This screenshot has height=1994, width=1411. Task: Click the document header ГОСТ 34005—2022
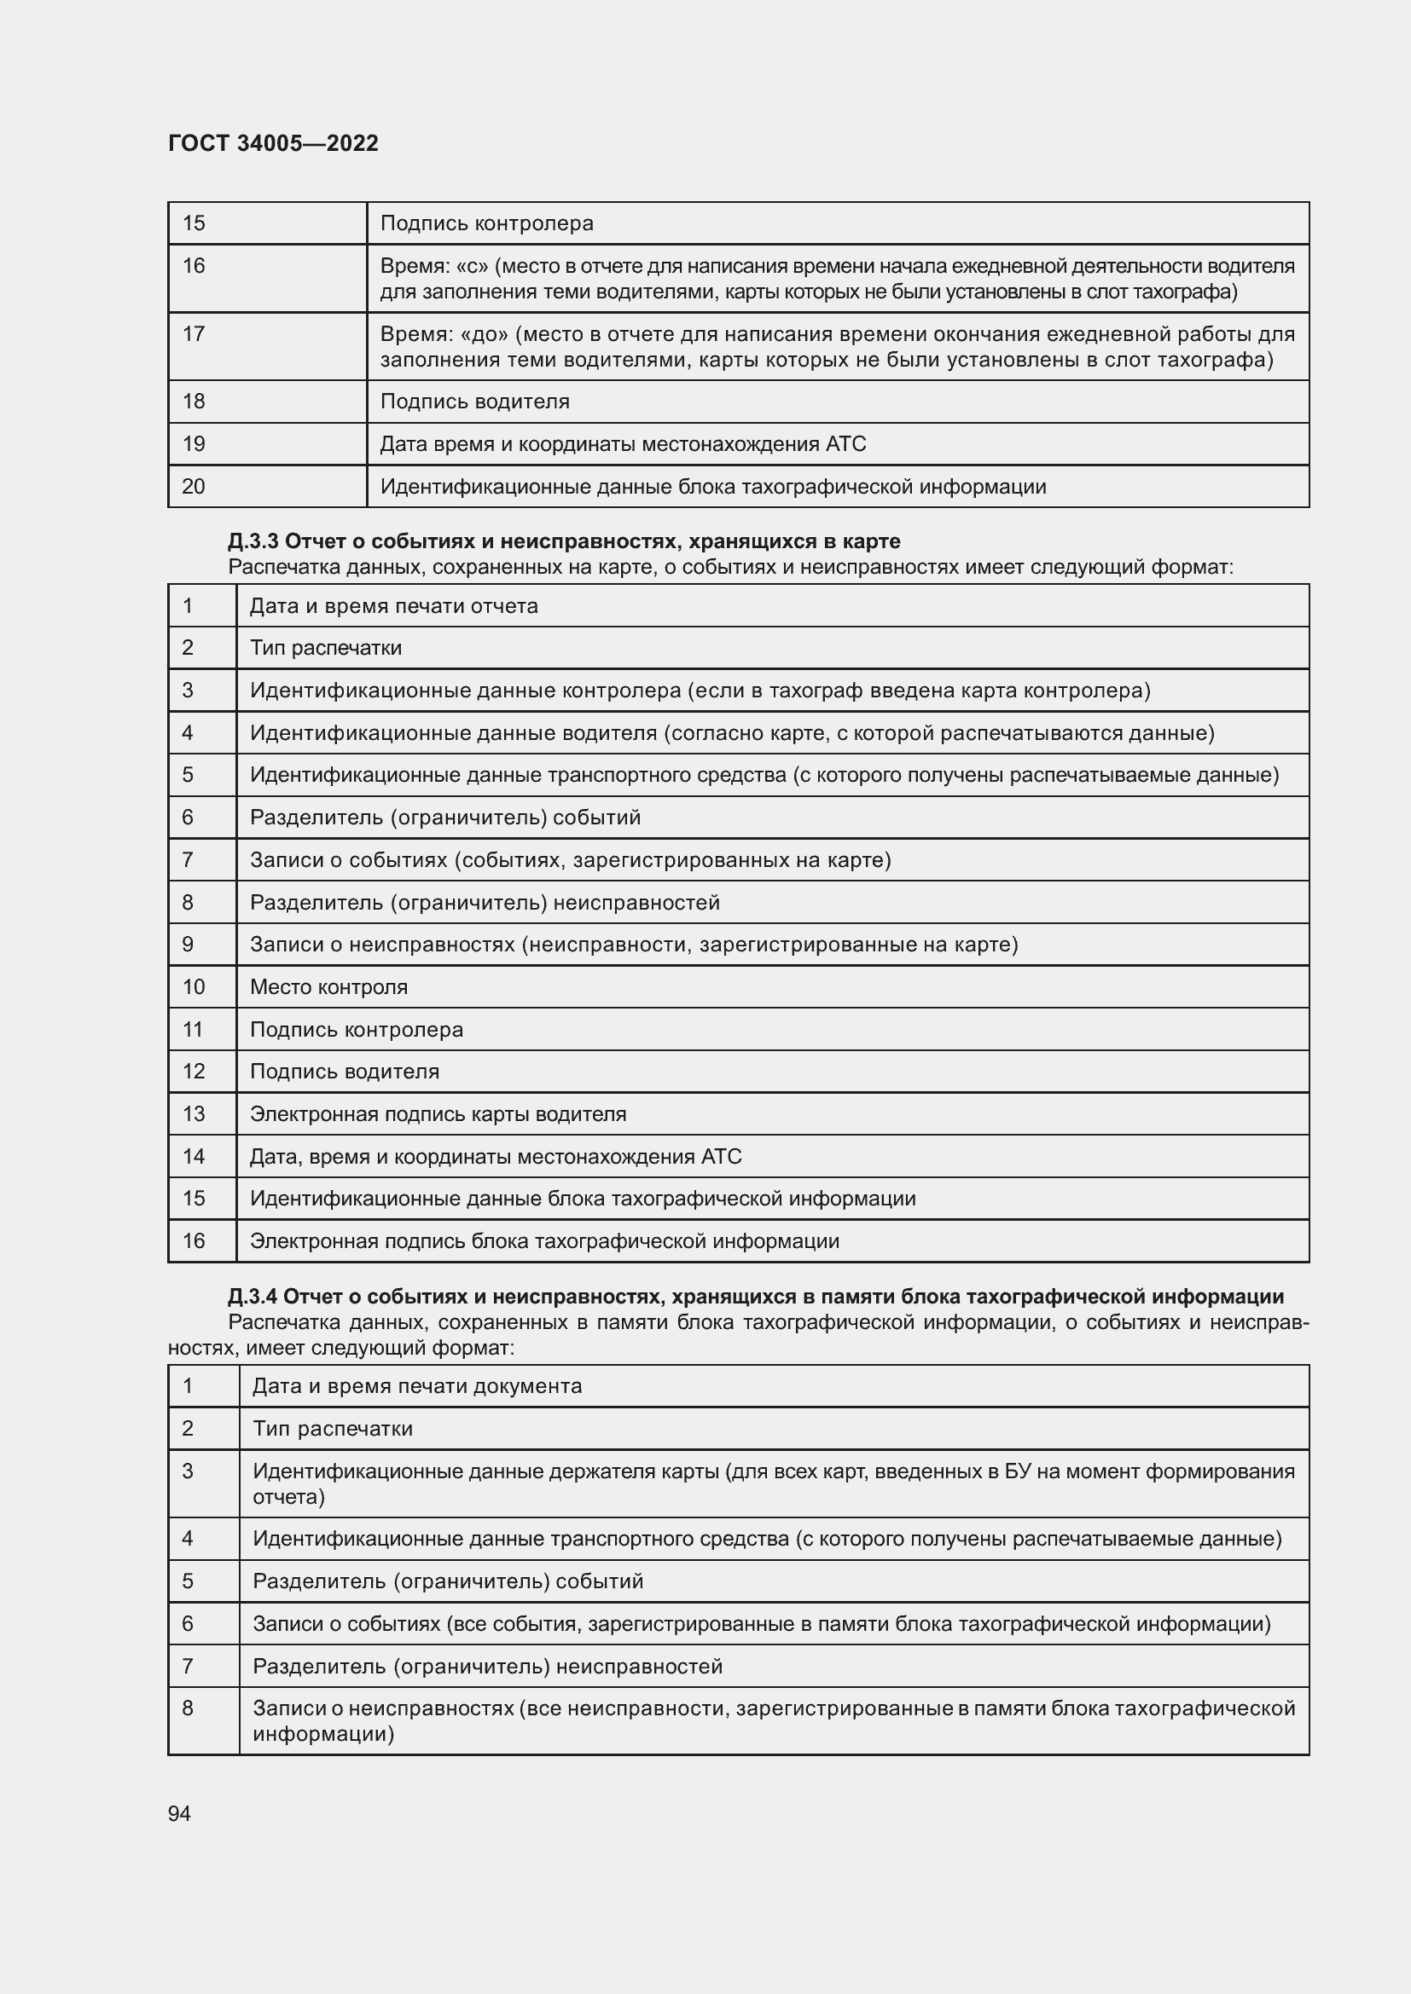[273, 143]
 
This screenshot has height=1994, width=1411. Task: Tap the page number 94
[179, 1813]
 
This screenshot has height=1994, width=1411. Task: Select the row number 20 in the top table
[193, 486]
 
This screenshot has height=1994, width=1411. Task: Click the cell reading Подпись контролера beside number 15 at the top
[486, 223]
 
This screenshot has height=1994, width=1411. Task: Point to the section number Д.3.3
[253, 541]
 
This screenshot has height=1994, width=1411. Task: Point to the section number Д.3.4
[253, 1297]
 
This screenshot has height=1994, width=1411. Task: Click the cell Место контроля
[328, 986]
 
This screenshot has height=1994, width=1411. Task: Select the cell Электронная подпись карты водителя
[438, 1113]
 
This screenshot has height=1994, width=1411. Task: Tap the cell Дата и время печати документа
[417, 1386]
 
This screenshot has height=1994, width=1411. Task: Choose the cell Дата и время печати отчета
[393, 605]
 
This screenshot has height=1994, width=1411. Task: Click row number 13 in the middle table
[193, 1113]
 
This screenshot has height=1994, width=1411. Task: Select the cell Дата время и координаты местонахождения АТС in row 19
[623, 444]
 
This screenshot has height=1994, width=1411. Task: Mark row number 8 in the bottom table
[188, 1708]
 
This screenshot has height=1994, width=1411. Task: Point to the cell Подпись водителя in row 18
[474, 402]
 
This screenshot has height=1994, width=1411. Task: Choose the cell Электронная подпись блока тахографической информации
[545, 1241]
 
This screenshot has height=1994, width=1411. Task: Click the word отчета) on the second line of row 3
[288, 1496]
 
